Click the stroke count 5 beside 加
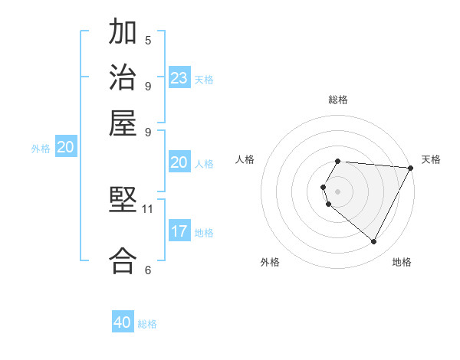[148, 41]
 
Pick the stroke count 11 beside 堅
[148, 208]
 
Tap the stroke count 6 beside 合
[148, 270]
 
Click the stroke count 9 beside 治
[148, 86]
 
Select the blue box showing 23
[179, 78]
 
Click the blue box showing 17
[179, 231]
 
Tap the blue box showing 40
[123, 322]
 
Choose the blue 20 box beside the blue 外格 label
[66, 148]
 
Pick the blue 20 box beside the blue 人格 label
[179, 162]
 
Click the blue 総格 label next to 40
[147, 324]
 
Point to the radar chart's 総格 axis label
[337, 100]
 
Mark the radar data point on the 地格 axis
[374, 241]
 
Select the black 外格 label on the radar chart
[270, 263]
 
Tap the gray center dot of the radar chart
[337, 191]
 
